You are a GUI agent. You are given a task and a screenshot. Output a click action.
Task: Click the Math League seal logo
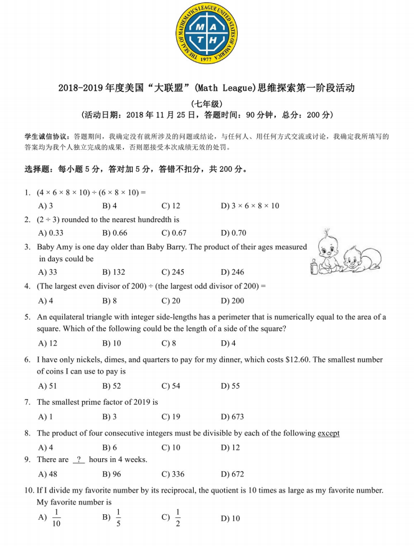tap(206, 33)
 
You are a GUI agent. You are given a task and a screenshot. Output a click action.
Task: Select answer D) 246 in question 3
tap(232, 272)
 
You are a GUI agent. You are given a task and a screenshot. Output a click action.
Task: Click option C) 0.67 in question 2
tap(174, 233)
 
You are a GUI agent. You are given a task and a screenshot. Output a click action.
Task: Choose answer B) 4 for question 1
tap(110, 205)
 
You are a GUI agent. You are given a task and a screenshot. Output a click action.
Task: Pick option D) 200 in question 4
tap(232, 300)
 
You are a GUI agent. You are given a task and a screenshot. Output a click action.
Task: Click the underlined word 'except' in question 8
tap(329, 433)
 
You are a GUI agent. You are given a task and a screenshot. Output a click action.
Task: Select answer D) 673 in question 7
tap(232, 417)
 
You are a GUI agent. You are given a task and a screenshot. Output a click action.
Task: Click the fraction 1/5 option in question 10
tap(118, 518)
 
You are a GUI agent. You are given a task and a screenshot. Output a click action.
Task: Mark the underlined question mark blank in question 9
tap(79, 460)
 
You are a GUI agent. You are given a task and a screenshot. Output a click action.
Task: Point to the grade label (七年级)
tap(206, 103)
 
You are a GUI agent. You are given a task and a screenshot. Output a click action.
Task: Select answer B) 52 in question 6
tap(111, 386)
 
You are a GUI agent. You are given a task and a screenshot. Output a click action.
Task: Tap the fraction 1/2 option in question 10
tap(177, 518)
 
